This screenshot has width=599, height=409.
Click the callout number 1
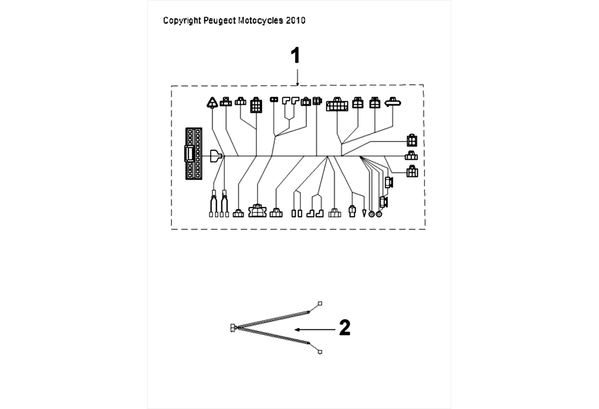[x=295, y=56]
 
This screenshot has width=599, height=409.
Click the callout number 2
[x=345, y=328]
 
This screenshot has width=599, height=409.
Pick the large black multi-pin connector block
[x=193, y=153]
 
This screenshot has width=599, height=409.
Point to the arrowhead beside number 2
[x=298, y=330]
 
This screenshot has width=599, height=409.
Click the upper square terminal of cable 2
[x=320, y=304]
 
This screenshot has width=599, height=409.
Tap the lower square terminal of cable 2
[x=320, y=352]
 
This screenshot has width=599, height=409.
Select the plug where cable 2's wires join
[x=233, y=327]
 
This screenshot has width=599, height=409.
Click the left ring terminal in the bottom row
[x=371, y=214]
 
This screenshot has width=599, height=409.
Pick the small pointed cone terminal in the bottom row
[x=364, y=213]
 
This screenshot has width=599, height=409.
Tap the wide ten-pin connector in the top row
[x=337, y=104]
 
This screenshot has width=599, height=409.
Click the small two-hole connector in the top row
[x=274, y=99]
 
